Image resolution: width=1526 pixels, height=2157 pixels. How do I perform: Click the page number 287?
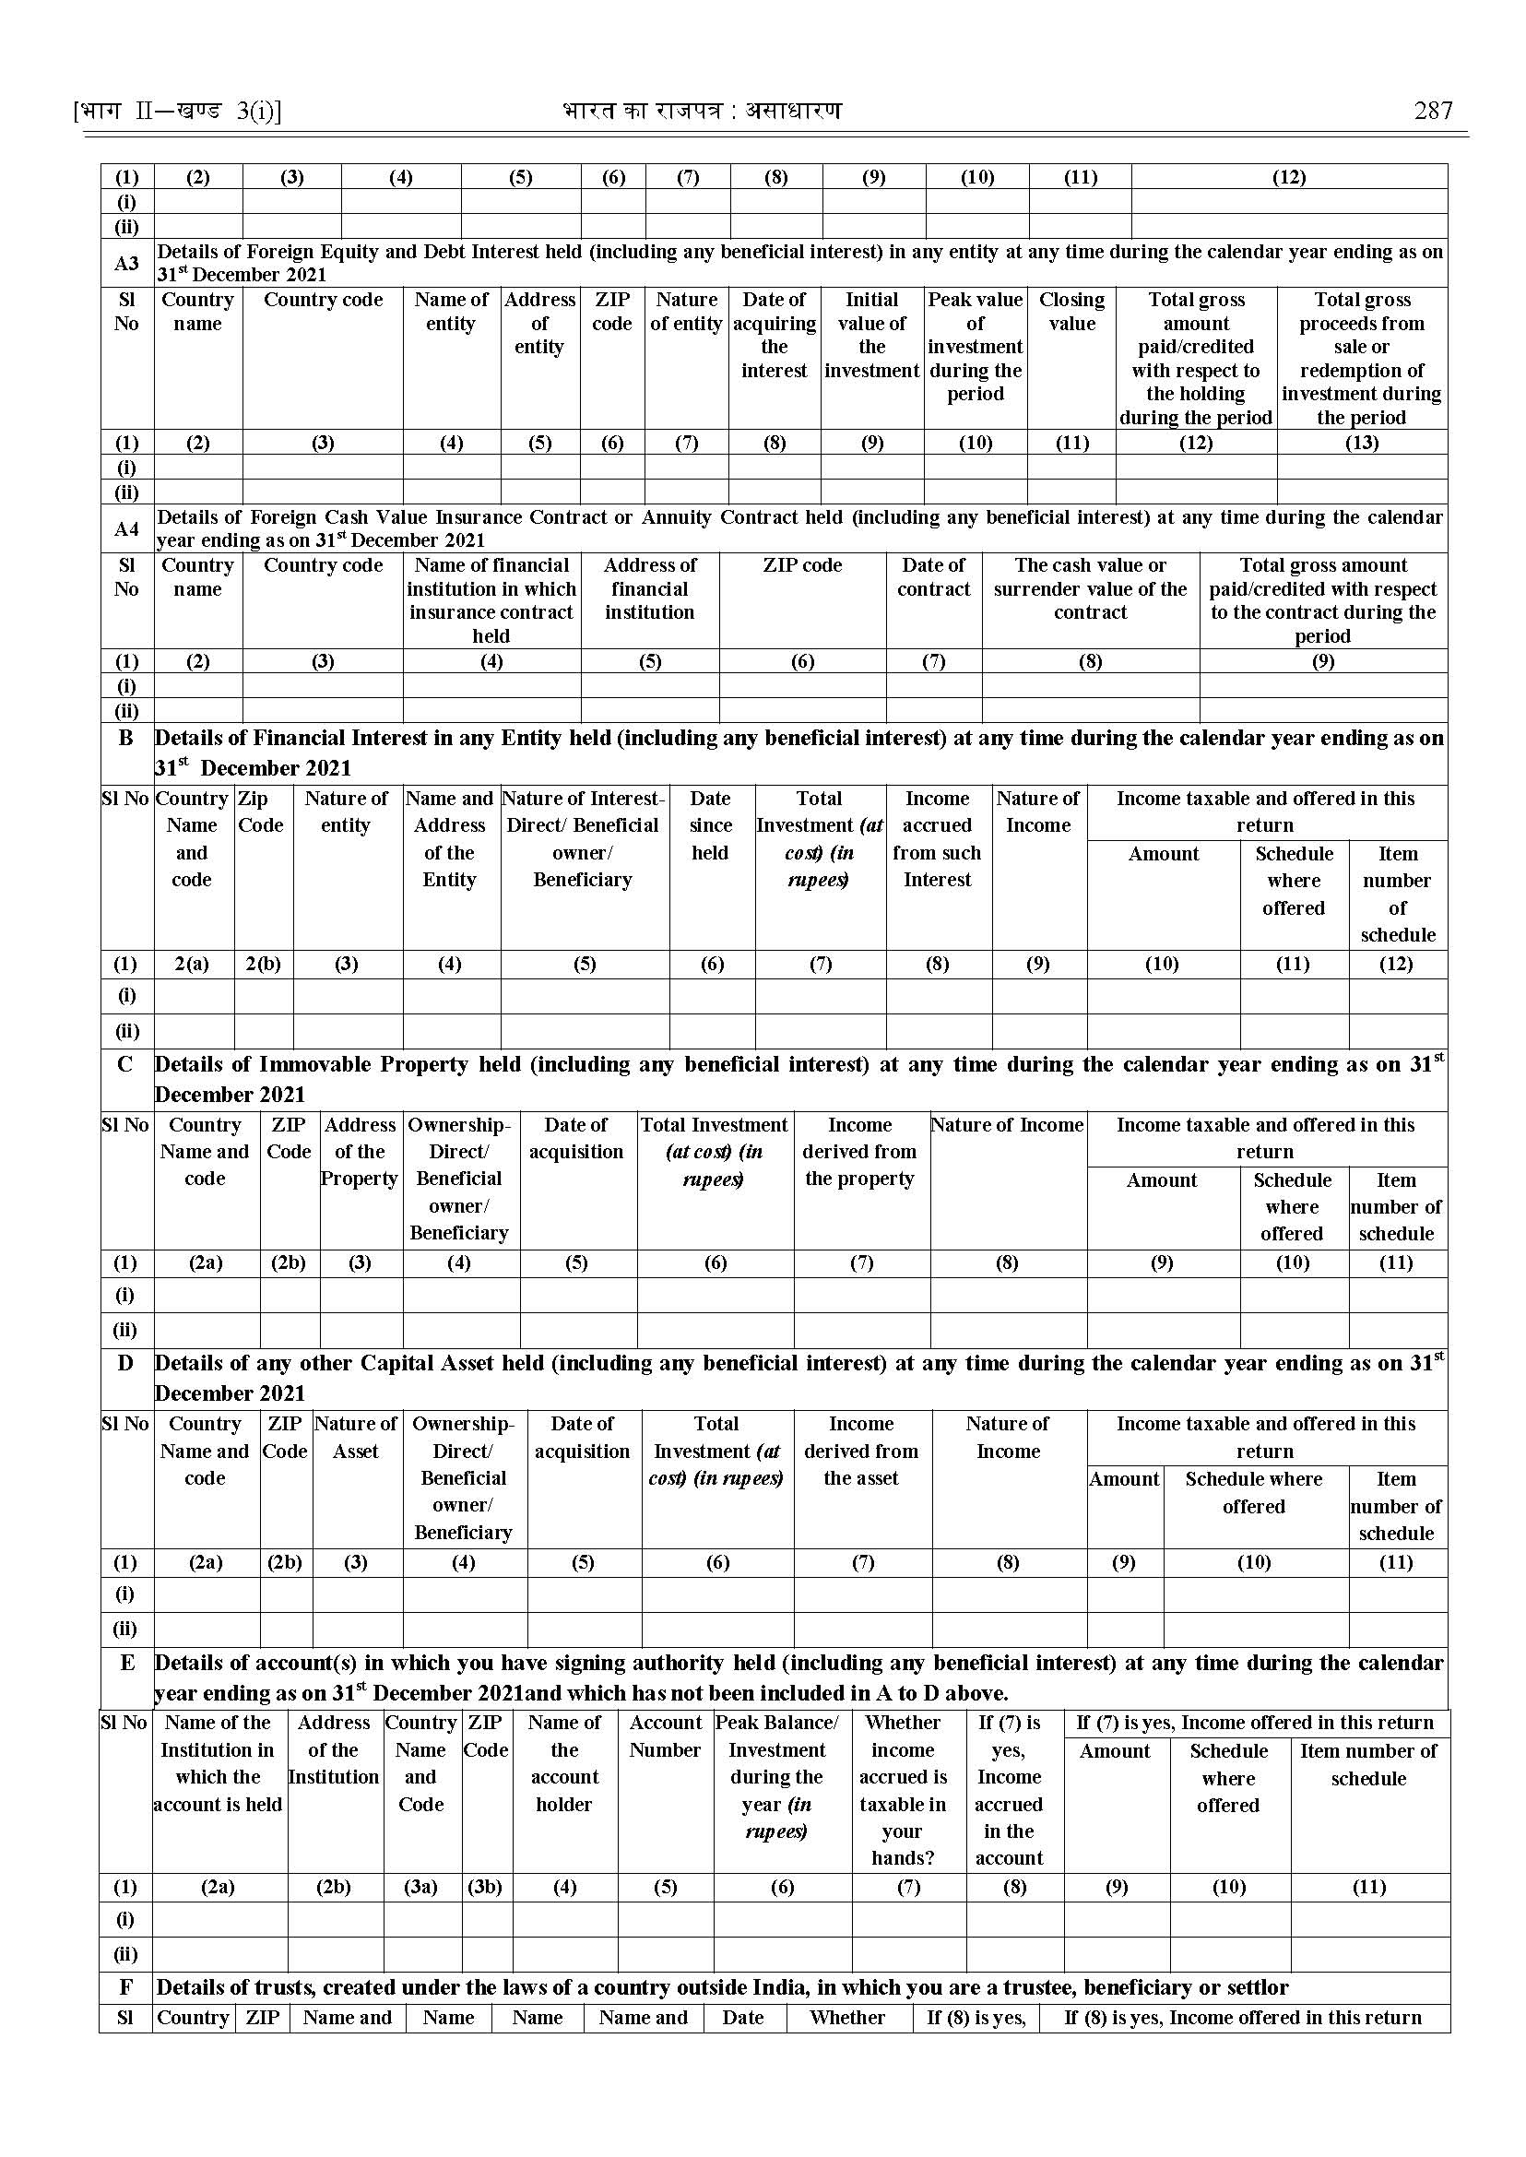1433,111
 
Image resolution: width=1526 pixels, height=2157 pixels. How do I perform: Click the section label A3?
127,263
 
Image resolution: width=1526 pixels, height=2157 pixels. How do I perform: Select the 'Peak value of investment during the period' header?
976,346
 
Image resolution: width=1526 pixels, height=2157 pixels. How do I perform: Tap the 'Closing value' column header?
1071,311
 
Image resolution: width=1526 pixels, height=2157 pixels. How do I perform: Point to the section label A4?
127,529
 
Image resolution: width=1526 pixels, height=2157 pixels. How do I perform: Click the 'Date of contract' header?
933,577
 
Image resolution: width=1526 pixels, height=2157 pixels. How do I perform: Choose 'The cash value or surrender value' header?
1090,588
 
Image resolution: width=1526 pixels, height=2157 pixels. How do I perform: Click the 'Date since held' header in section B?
710,824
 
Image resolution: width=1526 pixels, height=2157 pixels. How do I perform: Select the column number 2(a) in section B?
193,964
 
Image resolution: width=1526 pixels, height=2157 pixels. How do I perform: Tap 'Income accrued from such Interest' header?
937,838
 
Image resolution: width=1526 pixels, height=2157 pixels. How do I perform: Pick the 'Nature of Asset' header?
356,1437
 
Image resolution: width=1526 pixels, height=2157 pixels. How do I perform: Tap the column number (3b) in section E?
485,1886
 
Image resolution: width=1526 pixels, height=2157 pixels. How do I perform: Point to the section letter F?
126,1987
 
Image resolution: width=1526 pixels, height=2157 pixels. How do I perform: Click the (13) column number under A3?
1362,443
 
